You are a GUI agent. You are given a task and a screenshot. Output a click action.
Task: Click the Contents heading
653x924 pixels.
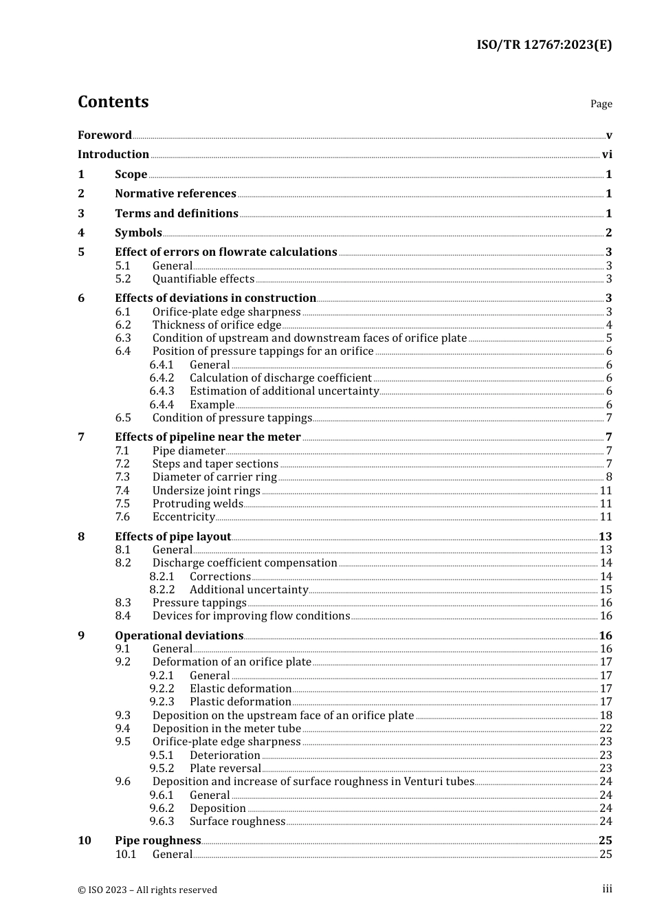[x=113, y=102]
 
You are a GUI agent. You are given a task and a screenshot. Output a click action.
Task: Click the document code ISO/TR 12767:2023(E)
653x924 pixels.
[x=544, y=45]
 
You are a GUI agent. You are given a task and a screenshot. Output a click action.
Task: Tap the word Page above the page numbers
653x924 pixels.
[x=601, y=104]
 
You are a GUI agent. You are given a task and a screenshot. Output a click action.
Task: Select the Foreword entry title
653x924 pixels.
[x=104, y=135]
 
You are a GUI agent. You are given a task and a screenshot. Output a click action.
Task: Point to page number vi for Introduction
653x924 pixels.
[x=607, y=155]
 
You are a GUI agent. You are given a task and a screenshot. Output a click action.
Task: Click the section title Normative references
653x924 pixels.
[x=175, y=194]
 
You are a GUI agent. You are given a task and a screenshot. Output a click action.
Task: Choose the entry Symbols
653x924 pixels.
[x=138, y=233]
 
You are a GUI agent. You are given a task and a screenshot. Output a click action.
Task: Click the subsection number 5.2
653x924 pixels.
[x=122, y=279]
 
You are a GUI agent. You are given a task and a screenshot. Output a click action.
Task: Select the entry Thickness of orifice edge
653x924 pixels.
[x=217, y=325]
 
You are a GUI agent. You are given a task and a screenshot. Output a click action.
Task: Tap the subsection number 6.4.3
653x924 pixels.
[x=162, y=391]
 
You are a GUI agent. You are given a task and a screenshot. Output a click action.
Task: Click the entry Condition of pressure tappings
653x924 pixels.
[x=232, y=418]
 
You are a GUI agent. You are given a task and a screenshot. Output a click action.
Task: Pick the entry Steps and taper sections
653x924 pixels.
[x=215, y=464]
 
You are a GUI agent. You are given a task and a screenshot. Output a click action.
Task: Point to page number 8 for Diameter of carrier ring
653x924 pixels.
[x=609, y=477]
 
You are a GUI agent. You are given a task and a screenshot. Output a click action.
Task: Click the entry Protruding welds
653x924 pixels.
[x=197, y=504]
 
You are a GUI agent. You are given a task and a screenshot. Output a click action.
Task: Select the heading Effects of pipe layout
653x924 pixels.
[x=173, y=537]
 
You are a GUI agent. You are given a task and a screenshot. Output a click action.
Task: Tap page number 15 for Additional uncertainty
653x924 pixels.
[x=606, y=590]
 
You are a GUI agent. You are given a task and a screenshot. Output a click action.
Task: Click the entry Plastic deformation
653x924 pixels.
[x=240, y=702]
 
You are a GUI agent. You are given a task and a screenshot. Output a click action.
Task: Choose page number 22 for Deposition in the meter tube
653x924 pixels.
[x=606, y=729]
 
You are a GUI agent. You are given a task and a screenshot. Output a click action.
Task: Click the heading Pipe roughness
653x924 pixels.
[x=157, y=841]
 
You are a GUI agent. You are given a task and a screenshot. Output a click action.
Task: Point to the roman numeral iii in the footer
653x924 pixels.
[x=607, y=889]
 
